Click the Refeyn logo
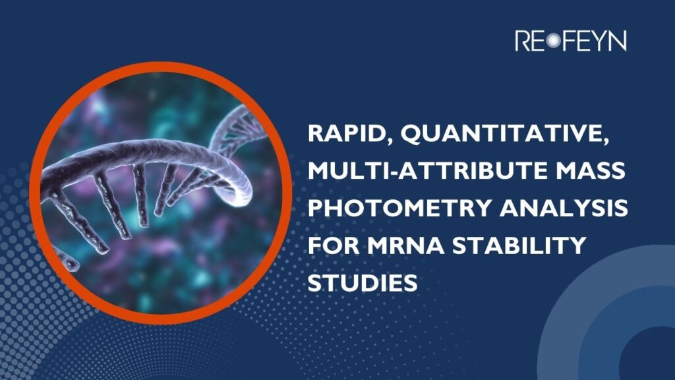570,41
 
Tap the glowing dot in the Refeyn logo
552,41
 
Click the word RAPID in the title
348,137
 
